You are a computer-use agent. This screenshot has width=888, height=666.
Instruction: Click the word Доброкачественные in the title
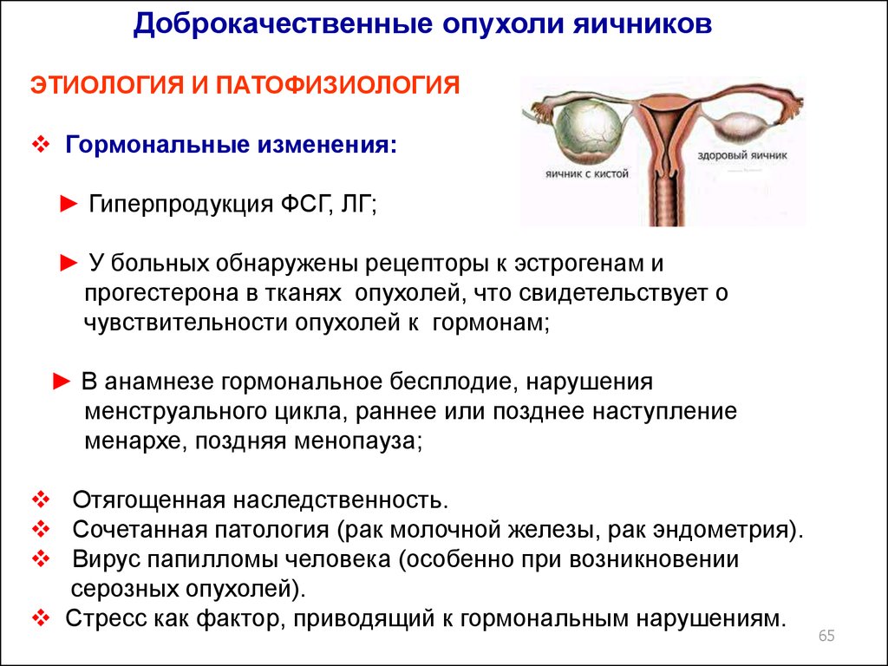click(284, 23)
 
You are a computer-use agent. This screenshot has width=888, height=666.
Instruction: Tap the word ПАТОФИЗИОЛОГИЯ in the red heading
click(337, 86)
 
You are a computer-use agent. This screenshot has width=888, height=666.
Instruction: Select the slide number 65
click(826, 636)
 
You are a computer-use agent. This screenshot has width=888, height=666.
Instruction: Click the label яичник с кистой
click(587, 173)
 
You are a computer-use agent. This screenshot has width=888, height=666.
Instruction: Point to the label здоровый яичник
click(742, 155)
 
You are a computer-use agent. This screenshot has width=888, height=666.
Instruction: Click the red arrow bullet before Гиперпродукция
click(69, 204)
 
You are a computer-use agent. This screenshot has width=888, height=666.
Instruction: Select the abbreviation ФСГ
click(304, 204)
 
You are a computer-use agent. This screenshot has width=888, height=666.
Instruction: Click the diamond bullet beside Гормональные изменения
click(41, 145)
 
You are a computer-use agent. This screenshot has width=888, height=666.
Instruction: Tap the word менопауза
click(358, 441)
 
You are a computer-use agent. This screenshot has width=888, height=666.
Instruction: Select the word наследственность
click(340, 500)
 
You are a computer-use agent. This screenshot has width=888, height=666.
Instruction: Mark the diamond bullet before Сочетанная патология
click(41, 530)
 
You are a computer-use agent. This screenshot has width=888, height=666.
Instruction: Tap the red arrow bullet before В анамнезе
click(62, 382)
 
